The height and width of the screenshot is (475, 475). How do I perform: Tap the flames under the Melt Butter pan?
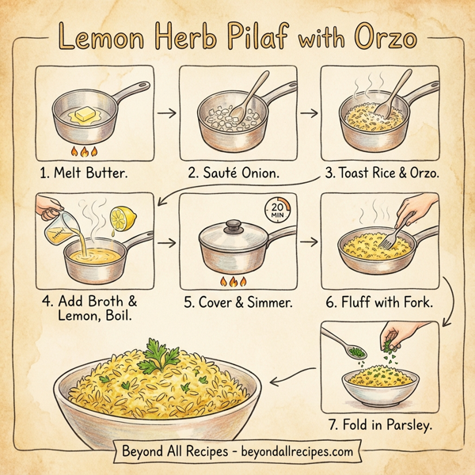(83, 150)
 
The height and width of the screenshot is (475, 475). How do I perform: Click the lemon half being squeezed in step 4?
(124, 217)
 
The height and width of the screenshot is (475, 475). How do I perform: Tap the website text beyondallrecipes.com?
(292, 452)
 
